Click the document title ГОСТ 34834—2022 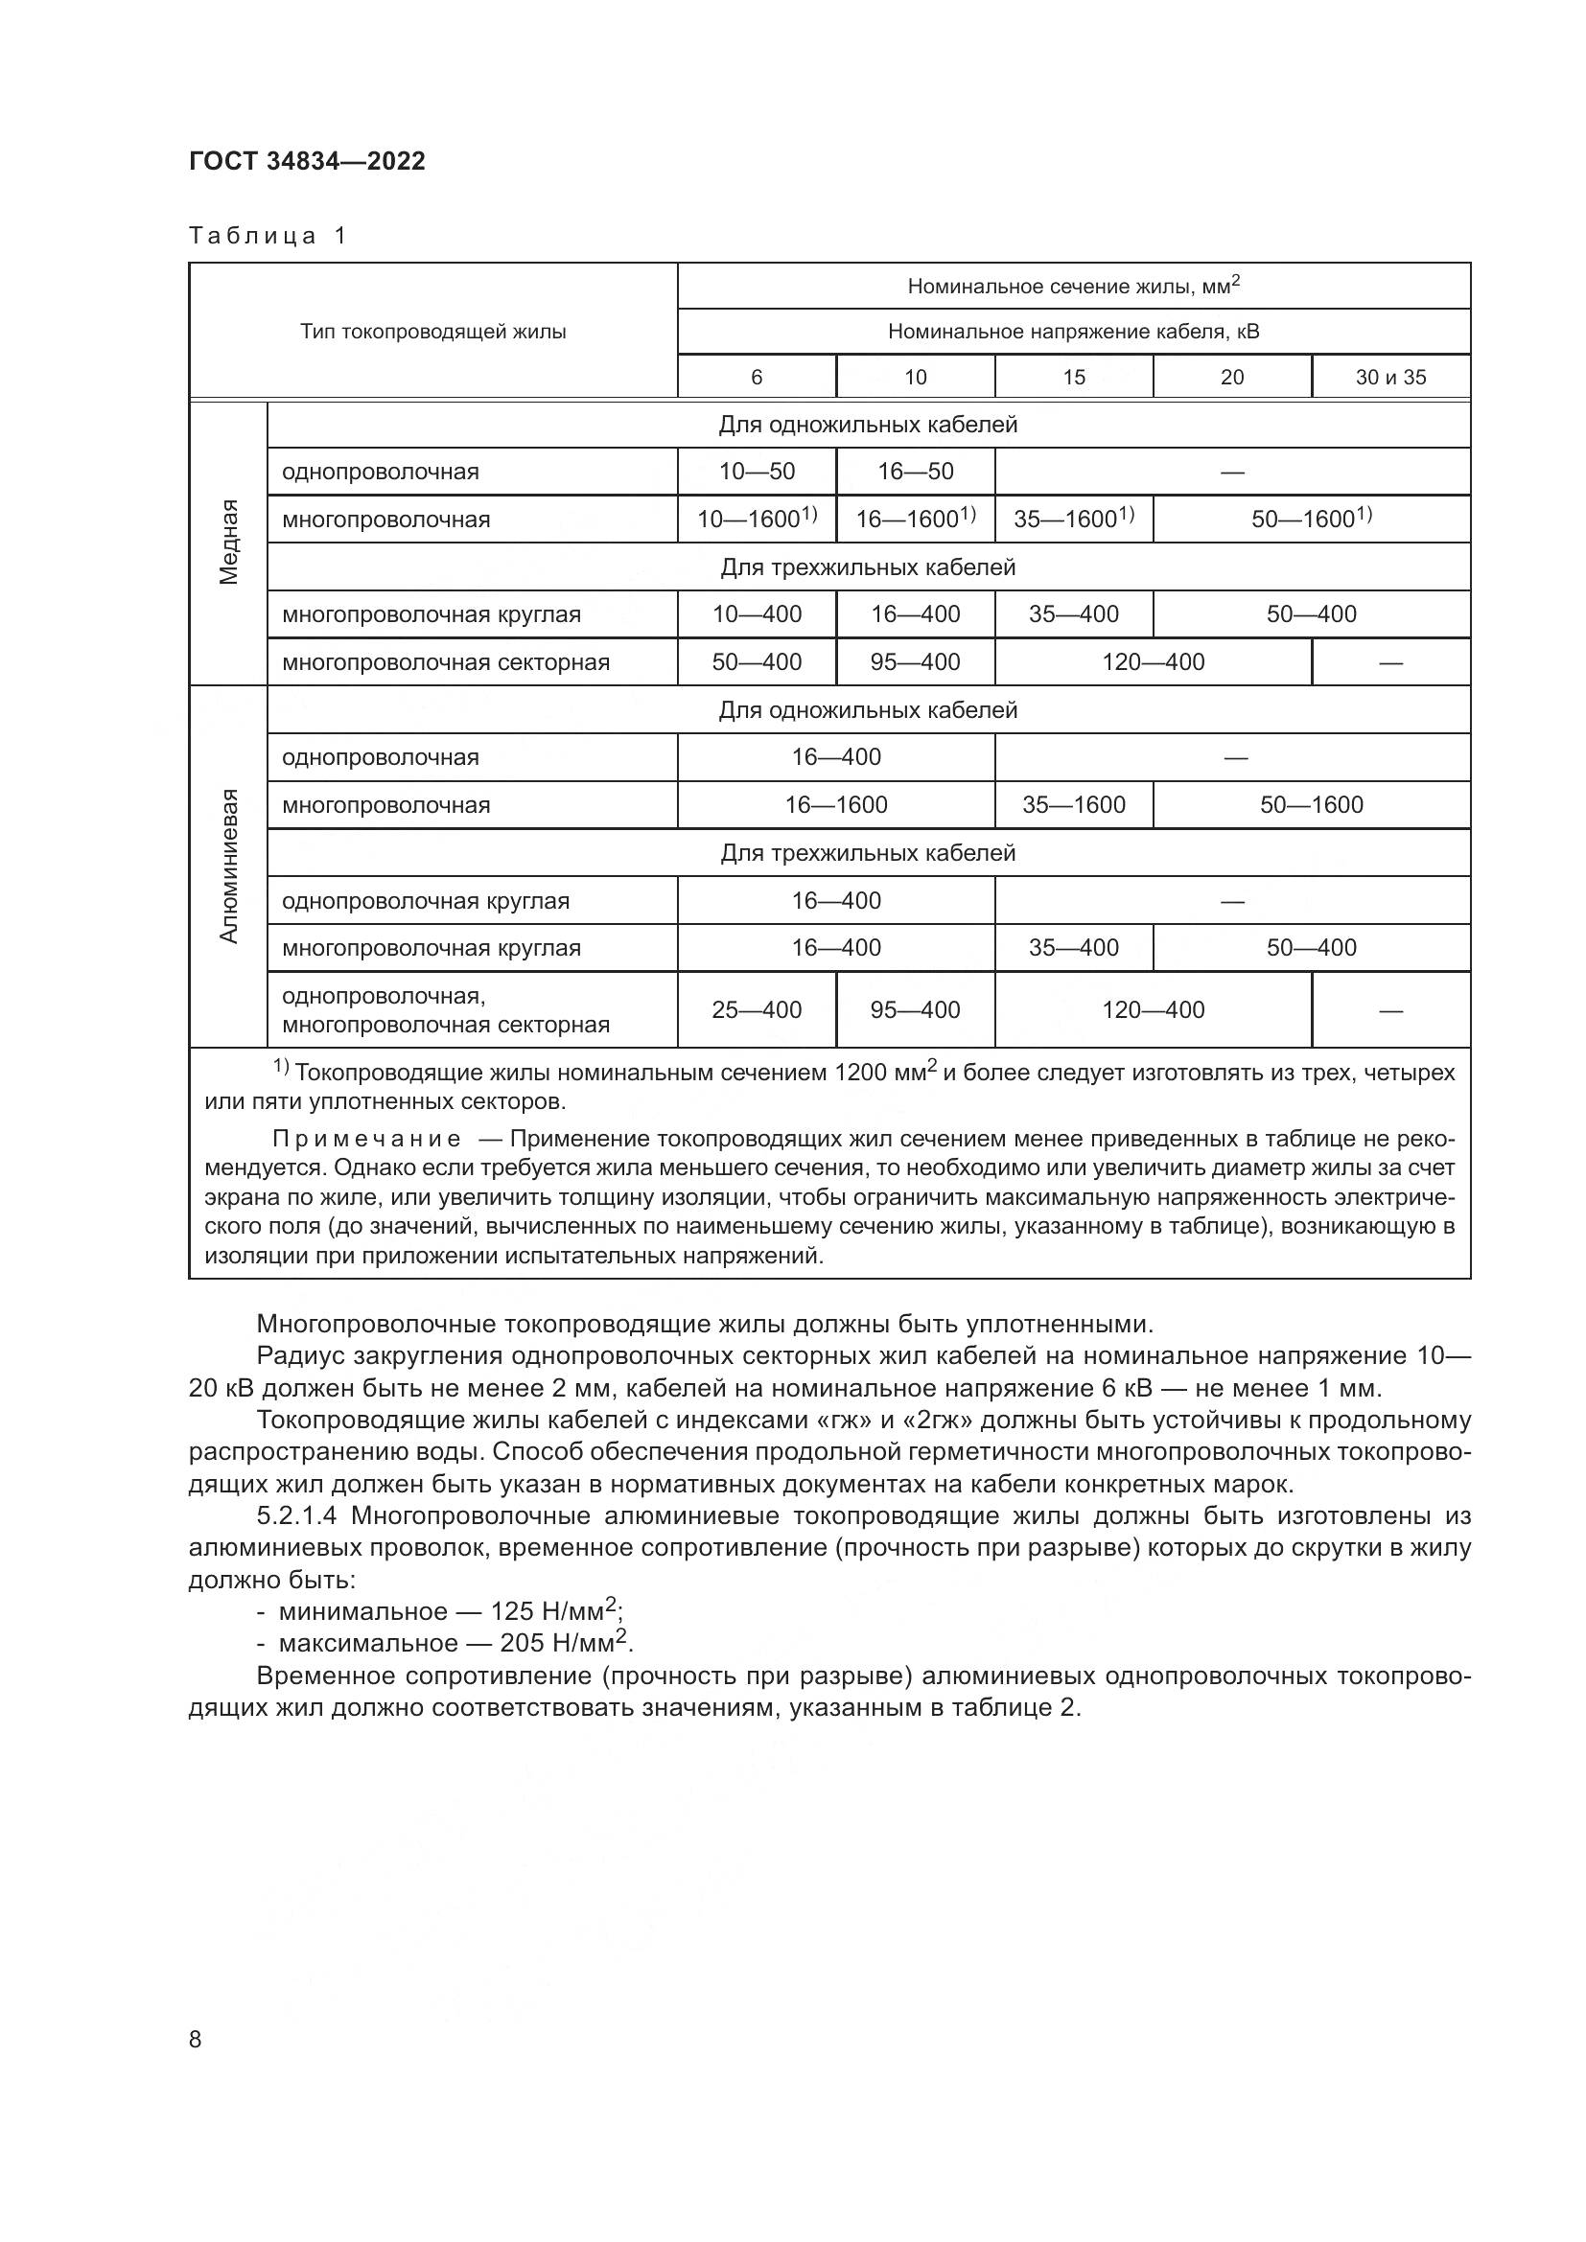pos(307,161)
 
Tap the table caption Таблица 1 pos(268,236)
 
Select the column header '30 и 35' pos(1389,377)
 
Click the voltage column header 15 pos(1073,377)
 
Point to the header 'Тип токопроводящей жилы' pos(432,331)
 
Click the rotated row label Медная pos(228,542)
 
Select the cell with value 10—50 pos(757,472)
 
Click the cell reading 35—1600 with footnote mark pos(1072,519)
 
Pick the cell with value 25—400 pos(757,1009)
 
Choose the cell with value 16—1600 pos(836,804)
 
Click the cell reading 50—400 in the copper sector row pos(757,662)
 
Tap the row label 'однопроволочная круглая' pos(426,900)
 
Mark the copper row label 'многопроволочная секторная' pos(445,662)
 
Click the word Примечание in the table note pos(366,1139)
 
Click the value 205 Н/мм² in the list pos(562,1643)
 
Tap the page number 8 pos(196,2039)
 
